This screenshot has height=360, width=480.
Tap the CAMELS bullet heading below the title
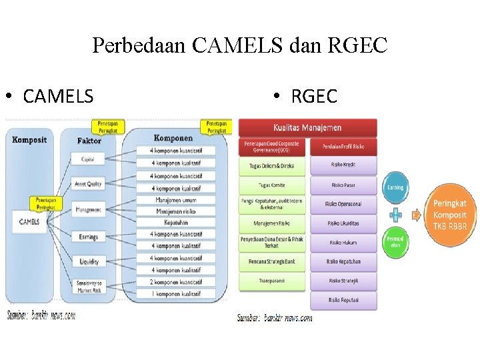point(58,97)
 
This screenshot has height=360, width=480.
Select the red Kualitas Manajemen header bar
point(307,128)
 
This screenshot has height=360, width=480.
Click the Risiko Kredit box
point(343,165)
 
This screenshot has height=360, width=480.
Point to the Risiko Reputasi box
point(343,301)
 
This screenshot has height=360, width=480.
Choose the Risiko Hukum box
point(343,243)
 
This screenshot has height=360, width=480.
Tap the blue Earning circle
point(395,188)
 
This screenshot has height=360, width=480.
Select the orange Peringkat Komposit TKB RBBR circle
point(449,215)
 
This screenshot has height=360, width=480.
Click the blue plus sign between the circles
point(395,214)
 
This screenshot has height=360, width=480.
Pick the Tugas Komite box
point(272,185)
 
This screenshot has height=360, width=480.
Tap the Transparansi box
point(272,281)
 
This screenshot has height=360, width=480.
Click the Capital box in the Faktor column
point(88,159)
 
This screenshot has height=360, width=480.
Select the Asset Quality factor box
point(88,184)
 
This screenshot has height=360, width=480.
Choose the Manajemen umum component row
point(176,200)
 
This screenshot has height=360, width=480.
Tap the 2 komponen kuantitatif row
point(176,282)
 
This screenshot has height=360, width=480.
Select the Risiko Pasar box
point(343,185)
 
